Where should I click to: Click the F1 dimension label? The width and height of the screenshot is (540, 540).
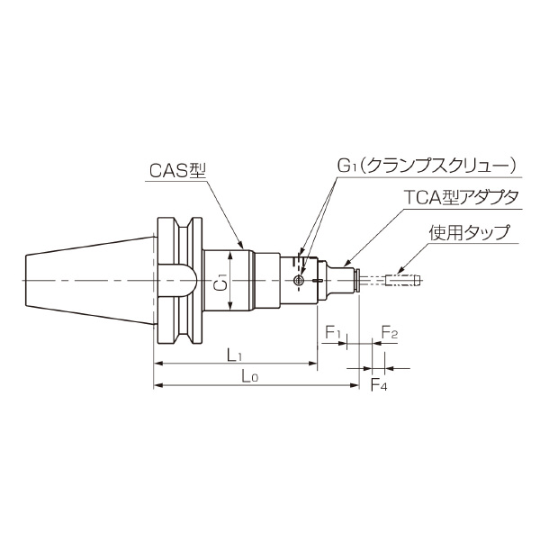pos(332,333)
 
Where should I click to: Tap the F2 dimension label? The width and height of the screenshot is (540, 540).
pos(390,333)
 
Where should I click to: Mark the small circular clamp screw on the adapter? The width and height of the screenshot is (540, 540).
pos(299,282)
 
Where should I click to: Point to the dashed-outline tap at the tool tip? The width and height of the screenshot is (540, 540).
pos(401,281)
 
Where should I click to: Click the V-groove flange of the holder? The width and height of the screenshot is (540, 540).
pos(176,282)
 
